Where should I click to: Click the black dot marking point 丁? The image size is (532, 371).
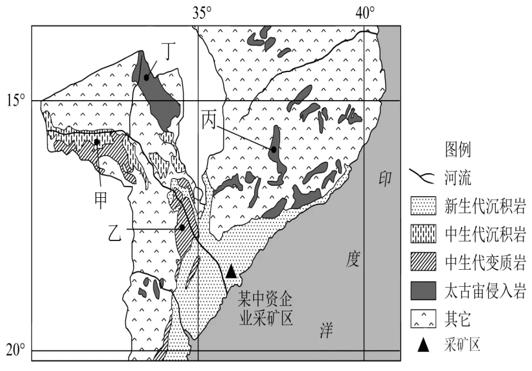tap(146, 77)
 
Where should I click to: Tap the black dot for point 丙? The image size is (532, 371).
tap(274, 149)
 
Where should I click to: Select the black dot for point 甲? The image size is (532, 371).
tap(97, 142)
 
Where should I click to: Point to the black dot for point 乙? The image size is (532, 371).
tap(183, 227)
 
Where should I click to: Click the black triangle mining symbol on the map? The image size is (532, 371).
tap(231, 272)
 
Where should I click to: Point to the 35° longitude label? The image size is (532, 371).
tap(202, 12)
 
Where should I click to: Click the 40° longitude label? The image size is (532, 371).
tap(366, 12)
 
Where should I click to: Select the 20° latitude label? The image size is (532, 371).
tap(16, 351)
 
